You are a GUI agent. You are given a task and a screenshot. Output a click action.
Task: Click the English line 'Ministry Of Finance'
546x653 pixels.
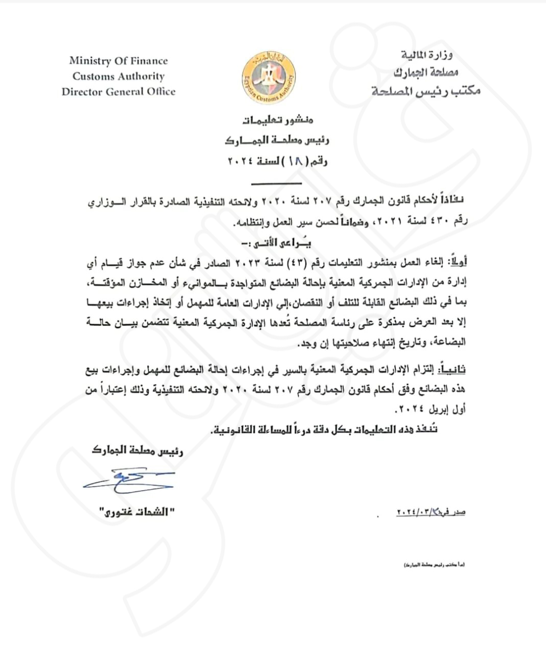click(118, 61)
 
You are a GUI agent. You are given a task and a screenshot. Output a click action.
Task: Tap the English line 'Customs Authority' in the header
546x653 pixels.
click(118, 77)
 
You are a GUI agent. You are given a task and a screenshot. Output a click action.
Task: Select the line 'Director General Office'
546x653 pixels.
click(118, 92)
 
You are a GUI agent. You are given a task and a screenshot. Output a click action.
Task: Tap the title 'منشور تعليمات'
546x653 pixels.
click(278, 120)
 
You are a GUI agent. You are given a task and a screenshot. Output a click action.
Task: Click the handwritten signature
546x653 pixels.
click(128, 480)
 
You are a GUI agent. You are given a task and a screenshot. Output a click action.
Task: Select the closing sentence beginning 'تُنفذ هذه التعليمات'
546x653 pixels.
click(324, 430)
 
